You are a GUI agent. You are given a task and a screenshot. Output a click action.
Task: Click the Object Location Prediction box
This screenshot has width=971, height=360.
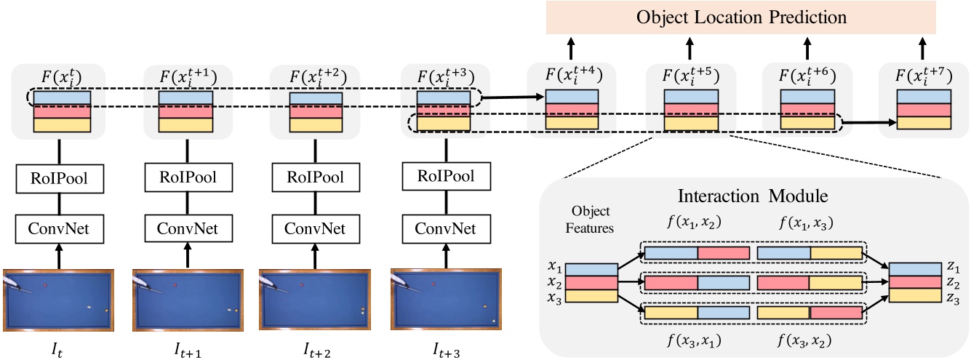[740, 17]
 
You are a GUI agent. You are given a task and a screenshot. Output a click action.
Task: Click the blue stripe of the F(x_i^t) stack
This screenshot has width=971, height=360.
[59, 97]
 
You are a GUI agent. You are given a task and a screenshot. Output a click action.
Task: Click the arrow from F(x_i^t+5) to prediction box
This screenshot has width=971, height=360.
[689, 49]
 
